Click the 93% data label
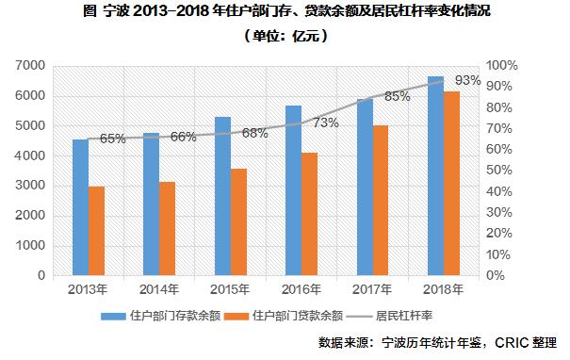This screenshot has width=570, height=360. click(467, 81)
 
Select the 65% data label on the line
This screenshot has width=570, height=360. click(113, 139)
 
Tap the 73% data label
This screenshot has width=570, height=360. click(326, 123)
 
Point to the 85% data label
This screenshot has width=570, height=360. click(398, 96)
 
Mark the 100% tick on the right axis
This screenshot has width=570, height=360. click(500, 66)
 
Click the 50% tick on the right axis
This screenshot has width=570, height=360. click(497, 171)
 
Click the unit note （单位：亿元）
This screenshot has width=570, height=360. click(284, 36)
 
